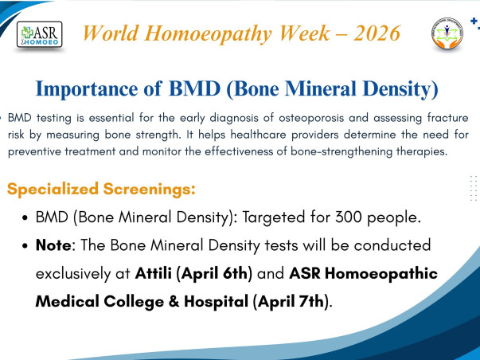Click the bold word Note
54,245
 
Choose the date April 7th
289,303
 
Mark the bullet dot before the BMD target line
28,217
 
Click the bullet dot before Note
28,245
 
